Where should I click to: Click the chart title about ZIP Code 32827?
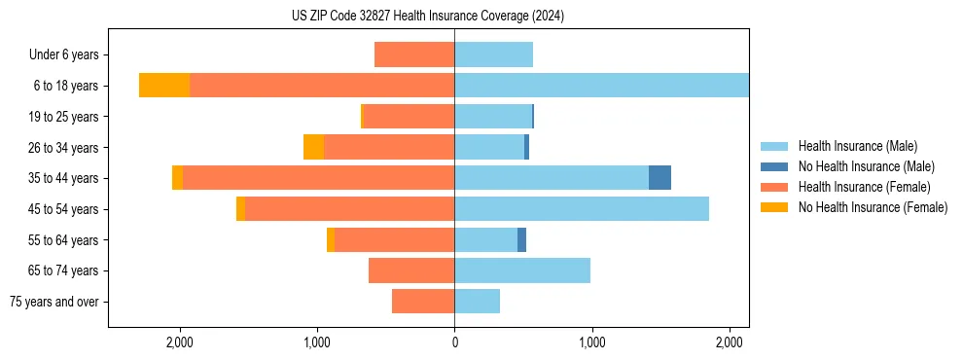(428, 16)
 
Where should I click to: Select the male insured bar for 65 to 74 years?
(522, 270)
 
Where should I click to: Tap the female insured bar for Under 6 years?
(414, 54)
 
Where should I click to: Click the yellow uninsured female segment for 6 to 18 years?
(164, 85)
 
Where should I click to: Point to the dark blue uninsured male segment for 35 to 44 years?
(660, 177)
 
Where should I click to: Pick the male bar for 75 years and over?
(477, 302)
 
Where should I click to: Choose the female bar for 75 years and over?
(423, 302)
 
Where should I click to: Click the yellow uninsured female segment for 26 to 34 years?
(313, 147)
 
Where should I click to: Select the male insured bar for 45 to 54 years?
(582, 209)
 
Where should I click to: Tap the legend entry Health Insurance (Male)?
(857, 146)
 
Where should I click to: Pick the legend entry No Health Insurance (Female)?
(873, 207)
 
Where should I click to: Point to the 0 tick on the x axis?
(454, 342)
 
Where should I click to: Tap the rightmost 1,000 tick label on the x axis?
(591, 342)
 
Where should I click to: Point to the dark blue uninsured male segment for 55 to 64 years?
(521, 239)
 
